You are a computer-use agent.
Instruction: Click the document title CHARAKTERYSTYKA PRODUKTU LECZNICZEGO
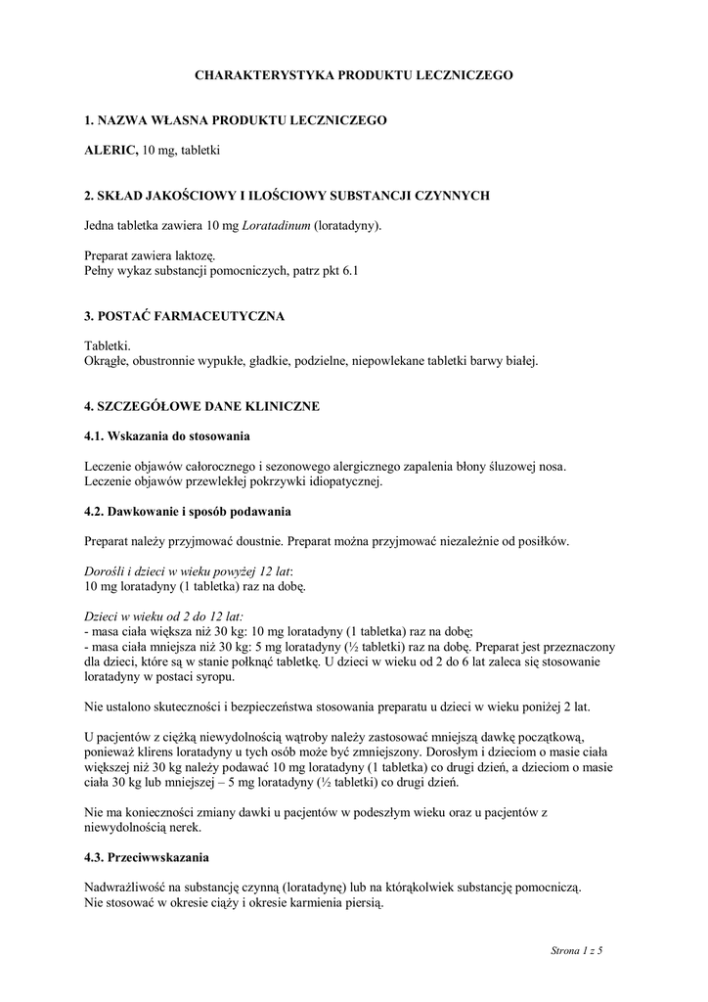pyautogui.click(x=353, y=74)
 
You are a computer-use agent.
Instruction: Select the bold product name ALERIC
pyautogui.click(x=111, y=150)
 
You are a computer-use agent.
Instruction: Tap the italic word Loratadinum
pyautogui.click(x=277, y=225)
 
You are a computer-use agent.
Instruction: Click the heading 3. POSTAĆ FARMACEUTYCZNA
pyautogui.click(x=185, y=316)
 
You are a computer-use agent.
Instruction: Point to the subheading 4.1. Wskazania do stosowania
pyautogui.click(x=167, y=435)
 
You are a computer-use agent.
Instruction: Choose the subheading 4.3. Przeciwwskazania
pyautogui.click(x=147, y=858)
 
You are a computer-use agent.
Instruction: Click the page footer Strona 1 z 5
pyautogui.click(x=577, y=949)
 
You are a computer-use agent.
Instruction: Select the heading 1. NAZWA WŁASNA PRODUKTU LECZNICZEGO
pyautogui.click(x=236, y=119)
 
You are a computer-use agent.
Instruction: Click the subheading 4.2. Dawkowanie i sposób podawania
pyautogui.click(x=188, y=511)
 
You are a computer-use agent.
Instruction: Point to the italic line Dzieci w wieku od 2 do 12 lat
pyautogui.click(x=164, y=617)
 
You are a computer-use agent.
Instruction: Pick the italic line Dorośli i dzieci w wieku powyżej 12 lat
pyautogui.click(x=189, y=570)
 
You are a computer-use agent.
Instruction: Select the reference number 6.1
pyautogui.click(x=350, y=270)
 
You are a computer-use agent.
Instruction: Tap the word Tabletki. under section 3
pyautogui.click(x=108, y=346)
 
